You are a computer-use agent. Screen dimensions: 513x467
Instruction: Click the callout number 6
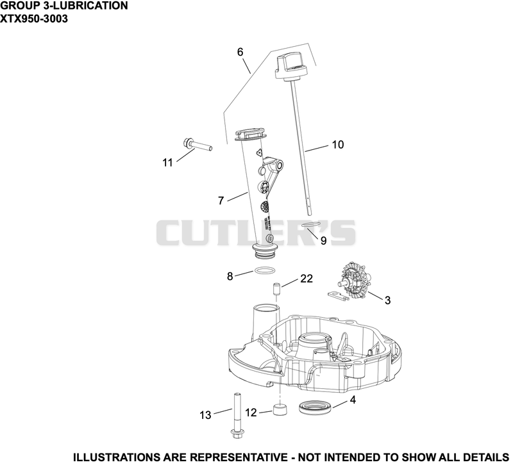pos(240,52)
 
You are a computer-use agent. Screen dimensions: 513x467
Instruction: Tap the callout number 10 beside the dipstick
pos(338,144)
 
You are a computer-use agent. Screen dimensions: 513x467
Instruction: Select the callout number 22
pos(307,279)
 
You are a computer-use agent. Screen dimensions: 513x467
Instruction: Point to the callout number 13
pos(205,415)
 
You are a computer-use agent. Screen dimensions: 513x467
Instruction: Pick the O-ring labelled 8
pos(264,270)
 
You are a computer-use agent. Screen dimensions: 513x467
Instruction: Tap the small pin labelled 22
pos(278,289)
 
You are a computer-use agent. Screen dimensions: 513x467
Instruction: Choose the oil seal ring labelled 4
pos(315,407)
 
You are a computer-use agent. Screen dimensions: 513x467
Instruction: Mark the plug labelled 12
pos(280,410)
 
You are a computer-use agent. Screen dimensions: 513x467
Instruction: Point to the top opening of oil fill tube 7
pos(250,135)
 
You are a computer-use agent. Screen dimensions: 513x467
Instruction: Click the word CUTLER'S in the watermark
pos(255,233)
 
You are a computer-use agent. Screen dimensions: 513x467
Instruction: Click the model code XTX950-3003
pos(34,19)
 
